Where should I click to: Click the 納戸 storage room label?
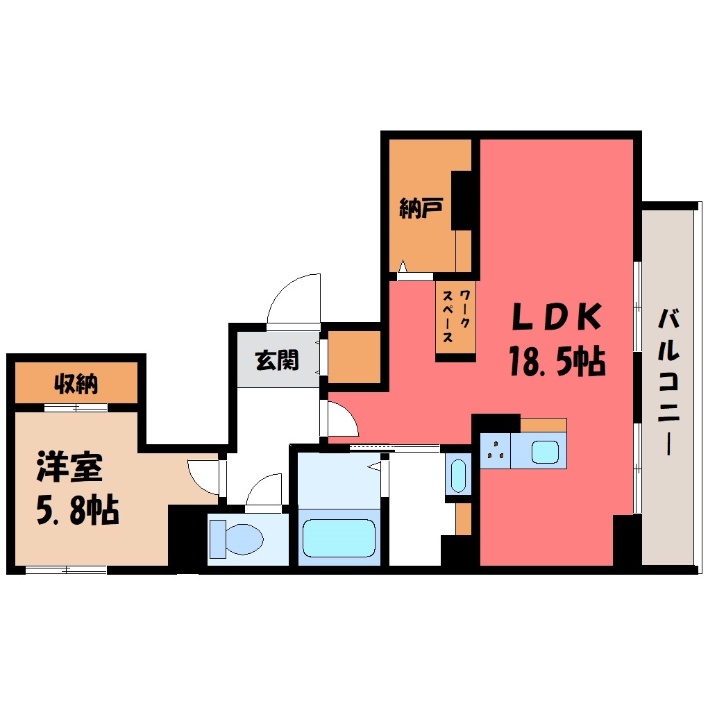[421, 208]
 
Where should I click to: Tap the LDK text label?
[557, 317]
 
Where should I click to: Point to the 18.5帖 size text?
[557, 360]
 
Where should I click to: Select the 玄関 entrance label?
[277, 360]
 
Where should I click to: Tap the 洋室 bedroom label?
[70, 466]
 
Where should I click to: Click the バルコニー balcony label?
[668, 382]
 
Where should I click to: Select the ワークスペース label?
[456, 316]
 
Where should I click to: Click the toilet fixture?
[236, 538]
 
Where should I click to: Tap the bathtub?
[339, 538]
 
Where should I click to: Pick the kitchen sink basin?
[545, 452]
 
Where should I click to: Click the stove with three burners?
[496, 450]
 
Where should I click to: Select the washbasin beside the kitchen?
[458, 476]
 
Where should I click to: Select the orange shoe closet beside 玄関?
[354, 357]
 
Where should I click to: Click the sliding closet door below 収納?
[76, 407]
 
